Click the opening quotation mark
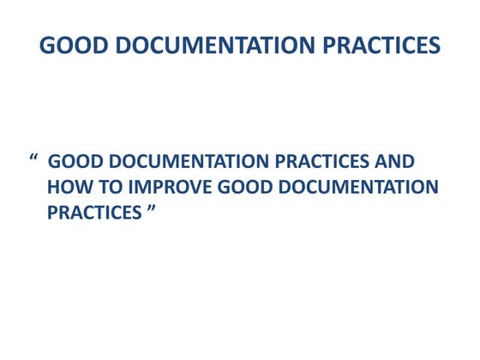click(34, 160)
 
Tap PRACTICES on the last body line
click(93, 211)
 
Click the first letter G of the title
click(48, 45)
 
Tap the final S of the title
click(435, 45)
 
